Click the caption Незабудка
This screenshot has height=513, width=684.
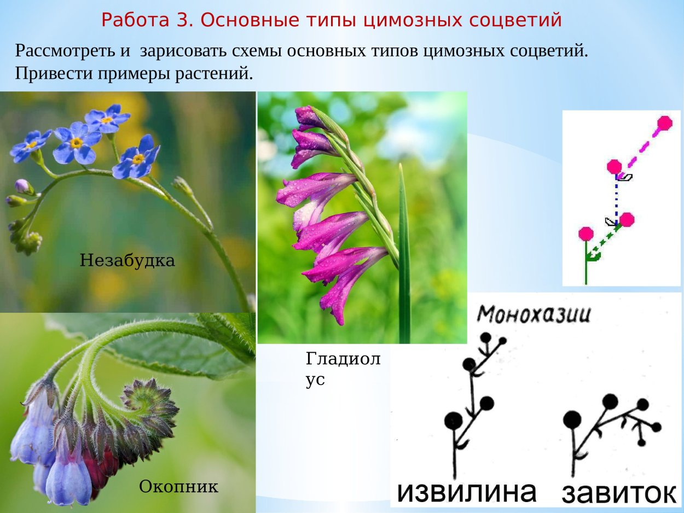(x=127, y=260)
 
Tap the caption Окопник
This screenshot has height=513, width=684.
(x=178, y=486)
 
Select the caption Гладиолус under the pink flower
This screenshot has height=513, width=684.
(x=343, y=369)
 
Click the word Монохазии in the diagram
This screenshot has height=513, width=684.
(x=534, y=314)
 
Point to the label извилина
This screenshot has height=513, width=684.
(x=466, y=492)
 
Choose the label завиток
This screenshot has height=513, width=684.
(x=619, y=493)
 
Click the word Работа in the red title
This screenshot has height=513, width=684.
(x=144, y=20)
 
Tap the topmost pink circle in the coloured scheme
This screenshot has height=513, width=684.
(x=664, y=123)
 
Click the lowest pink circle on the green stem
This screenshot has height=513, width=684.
(x=586, y=234)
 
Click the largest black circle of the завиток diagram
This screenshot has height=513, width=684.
(x=572, y=419)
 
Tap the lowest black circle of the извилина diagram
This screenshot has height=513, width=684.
(x=453, y=420)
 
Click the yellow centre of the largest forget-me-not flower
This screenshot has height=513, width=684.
(x=77, y=143)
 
